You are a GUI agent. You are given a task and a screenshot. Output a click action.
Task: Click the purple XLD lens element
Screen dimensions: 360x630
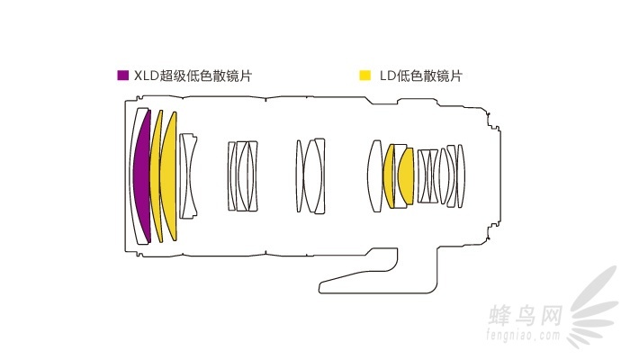point(140,175)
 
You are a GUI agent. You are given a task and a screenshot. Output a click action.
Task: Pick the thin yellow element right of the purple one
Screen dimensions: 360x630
point(156,175)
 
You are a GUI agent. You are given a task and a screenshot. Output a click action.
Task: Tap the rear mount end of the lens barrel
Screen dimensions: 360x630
point(494,175)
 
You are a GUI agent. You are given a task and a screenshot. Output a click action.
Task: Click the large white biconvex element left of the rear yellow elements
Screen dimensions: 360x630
point(375,175)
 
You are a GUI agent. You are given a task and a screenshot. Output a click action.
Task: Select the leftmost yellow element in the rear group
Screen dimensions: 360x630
point(390,175)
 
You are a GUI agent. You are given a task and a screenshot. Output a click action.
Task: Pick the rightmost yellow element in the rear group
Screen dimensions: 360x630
point(405,175)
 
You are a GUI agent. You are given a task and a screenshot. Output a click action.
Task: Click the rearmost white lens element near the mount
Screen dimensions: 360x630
point(462,175)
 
